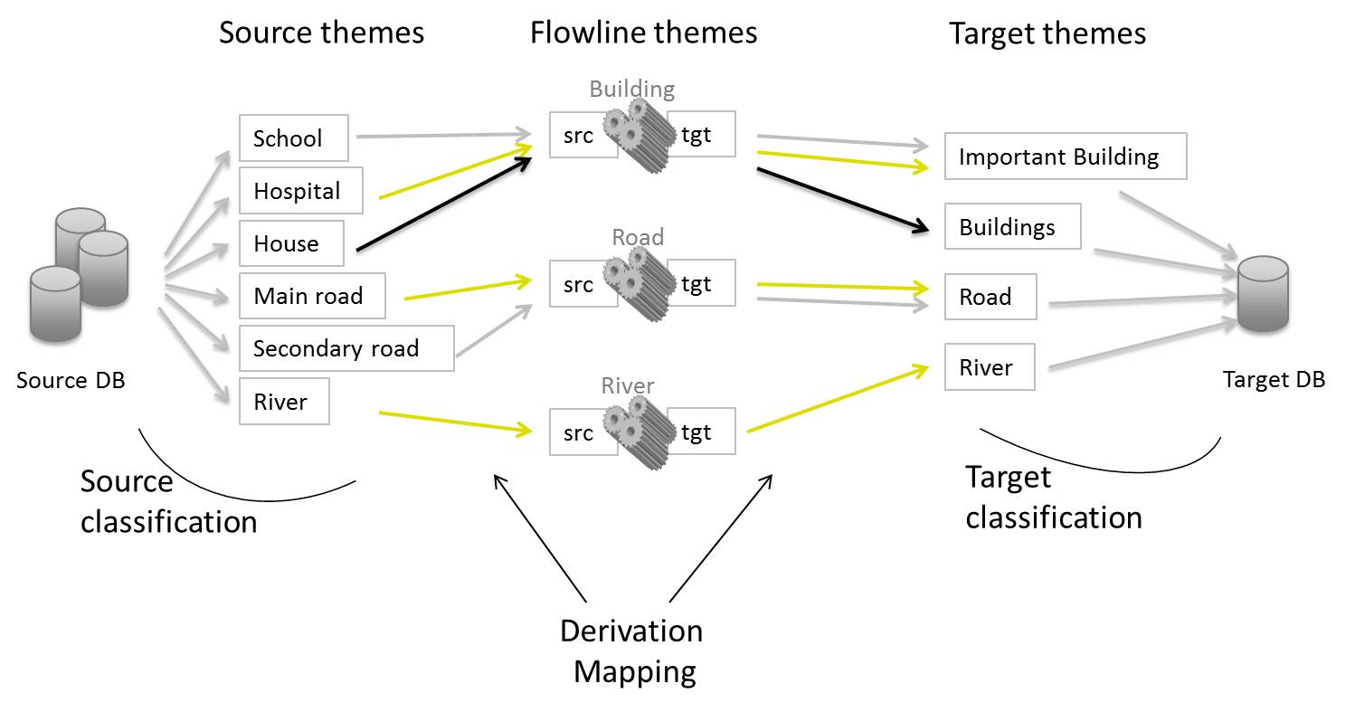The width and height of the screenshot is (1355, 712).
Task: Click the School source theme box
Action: (x=293, y=138)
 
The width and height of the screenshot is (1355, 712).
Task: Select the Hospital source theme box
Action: (x=300, y=190)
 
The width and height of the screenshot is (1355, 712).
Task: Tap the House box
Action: (x=291, y=243)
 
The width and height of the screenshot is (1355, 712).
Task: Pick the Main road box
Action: (x=312, y=296)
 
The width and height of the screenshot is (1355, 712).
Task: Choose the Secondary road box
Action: (x=346, y=348)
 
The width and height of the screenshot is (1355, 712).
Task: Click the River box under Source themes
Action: (x=284, y=402)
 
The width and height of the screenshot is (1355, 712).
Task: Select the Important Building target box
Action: (x=1065, y=157)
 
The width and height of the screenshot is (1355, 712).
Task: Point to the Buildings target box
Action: (x=1012, y=226)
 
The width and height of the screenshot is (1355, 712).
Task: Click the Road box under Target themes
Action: (x=990, y=297)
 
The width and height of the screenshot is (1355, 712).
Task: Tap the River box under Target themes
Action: (x=990, y=367)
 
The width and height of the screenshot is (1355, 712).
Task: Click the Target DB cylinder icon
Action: (x=1263, y=294)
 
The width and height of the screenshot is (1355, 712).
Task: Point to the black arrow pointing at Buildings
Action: (x=841, y=199)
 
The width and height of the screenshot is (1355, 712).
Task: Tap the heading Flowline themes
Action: (x=643, y=33)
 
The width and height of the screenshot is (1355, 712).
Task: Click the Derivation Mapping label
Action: (x=631, y=650)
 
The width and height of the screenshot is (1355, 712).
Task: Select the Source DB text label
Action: (x=71, y=380)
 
